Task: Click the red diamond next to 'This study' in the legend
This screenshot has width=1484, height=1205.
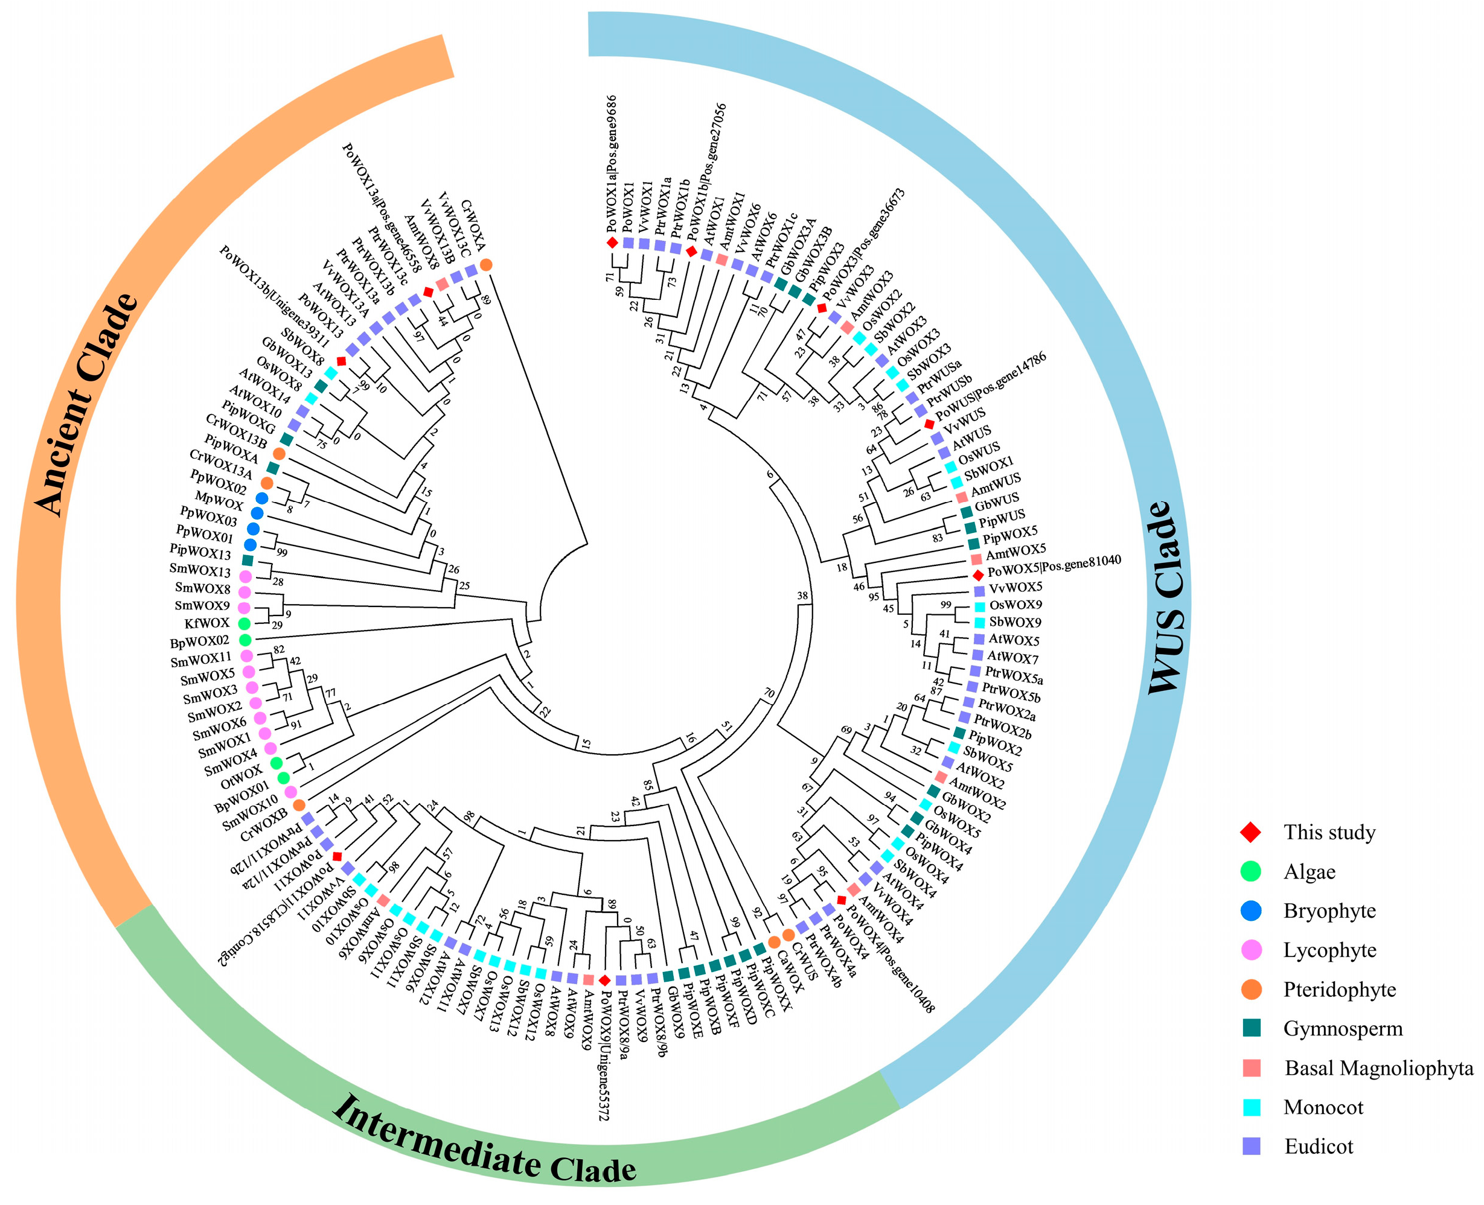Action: coord(1251,831)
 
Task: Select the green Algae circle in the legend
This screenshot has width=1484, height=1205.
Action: coord(1251,871)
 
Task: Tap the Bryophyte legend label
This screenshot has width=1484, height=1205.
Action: coord(1329,911)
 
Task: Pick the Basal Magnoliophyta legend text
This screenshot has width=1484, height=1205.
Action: coord(1378,1068)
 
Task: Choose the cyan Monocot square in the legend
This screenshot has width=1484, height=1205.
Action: coord(1252,1107)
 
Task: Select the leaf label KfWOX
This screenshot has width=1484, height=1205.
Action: coord(206,623)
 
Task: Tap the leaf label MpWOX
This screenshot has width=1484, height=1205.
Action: coord(219,500)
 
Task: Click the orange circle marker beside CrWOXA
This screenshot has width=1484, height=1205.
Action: coord(486,264)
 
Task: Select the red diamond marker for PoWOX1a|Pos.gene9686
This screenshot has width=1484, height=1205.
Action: coord(612,242)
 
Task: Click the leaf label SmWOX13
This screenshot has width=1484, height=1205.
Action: coord(200,571)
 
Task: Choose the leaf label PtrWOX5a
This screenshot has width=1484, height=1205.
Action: coord(1014,675)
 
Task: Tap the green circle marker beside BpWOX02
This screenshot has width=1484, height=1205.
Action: coord(245,639)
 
